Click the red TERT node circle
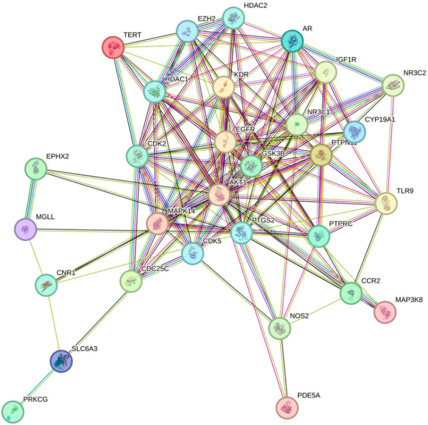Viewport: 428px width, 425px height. click(x=112, y=47)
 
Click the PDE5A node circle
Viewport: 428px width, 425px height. click(x=287, y=407)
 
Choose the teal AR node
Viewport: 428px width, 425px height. click(x=292, y=41)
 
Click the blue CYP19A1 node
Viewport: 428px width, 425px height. click(x=354, y=131)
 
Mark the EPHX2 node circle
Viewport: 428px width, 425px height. click(x=35, y=169)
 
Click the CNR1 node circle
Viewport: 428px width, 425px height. click(x=46, y=285)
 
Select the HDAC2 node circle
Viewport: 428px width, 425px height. click(x=233, y=19)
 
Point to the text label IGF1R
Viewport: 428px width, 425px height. click(x=347, y=59)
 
